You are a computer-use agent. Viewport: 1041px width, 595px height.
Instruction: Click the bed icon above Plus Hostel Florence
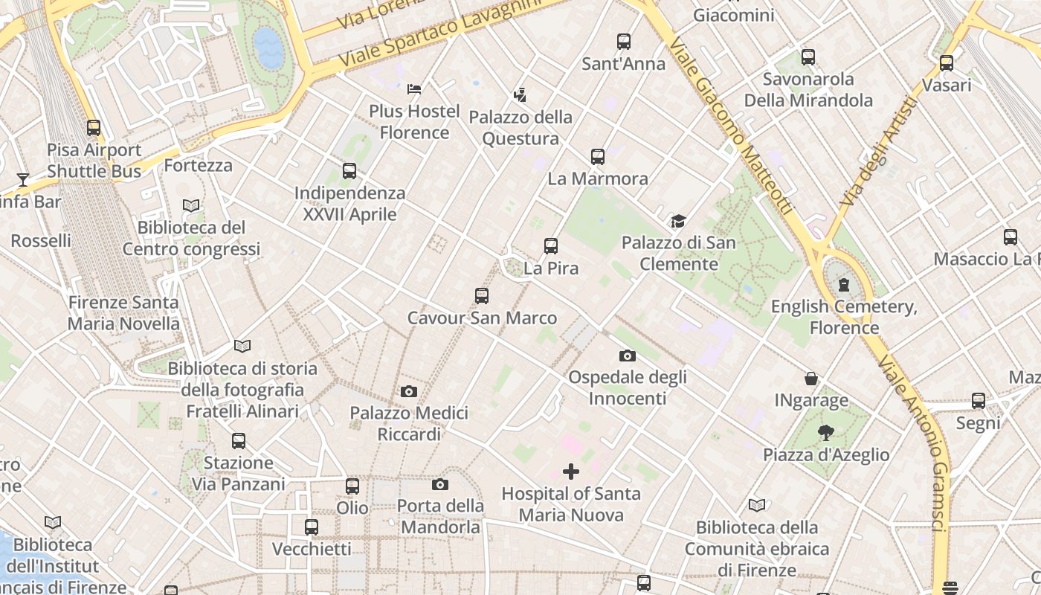(414, 90)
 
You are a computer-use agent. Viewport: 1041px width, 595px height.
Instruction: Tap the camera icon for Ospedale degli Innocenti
(627, 356)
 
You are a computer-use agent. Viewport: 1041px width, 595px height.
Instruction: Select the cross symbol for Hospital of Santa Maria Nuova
(571, 472)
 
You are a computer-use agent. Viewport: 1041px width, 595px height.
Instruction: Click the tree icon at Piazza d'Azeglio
(825, 433)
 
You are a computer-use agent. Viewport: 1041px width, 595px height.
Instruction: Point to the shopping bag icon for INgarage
(811, 379)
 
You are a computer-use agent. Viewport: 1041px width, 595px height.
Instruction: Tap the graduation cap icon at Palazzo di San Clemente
(677, 221)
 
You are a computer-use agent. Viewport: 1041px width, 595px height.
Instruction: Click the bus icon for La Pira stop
(551, 246)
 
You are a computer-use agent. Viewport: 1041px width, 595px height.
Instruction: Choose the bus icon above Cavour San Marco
(482, 296)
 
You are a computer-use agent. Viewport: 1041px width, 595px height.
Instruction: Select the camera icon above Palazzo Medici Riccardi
(408, 391)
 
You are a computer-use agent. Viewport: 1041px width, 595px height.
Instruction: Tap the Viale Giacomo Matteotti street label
(730, 126)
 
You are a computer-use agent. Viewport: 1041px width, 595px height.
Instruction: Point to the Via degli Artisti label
(878, 152)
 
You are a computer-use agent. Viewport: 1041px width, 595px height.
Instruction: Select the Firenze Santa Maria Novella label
(123, 313)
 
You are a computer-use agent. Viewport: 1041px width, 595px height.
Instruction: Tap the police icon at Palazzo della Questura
(520, 95)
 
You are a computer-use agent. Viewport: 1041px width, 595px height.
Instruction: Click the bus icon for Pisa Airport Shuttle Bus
(94, 128)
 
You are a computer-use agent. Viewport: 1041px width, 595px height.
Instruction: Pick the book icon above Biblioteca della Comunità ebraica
(757, 506)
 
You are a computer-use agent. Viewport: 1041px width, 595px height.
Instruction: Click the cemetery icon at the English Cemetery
(844, 285)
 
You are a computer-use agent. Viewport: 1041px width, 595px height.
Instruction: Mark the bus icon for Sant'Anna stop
(624, 42)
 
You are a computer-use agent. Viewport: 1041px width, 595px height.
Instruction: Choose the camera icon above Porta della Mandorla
(440, 485)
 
